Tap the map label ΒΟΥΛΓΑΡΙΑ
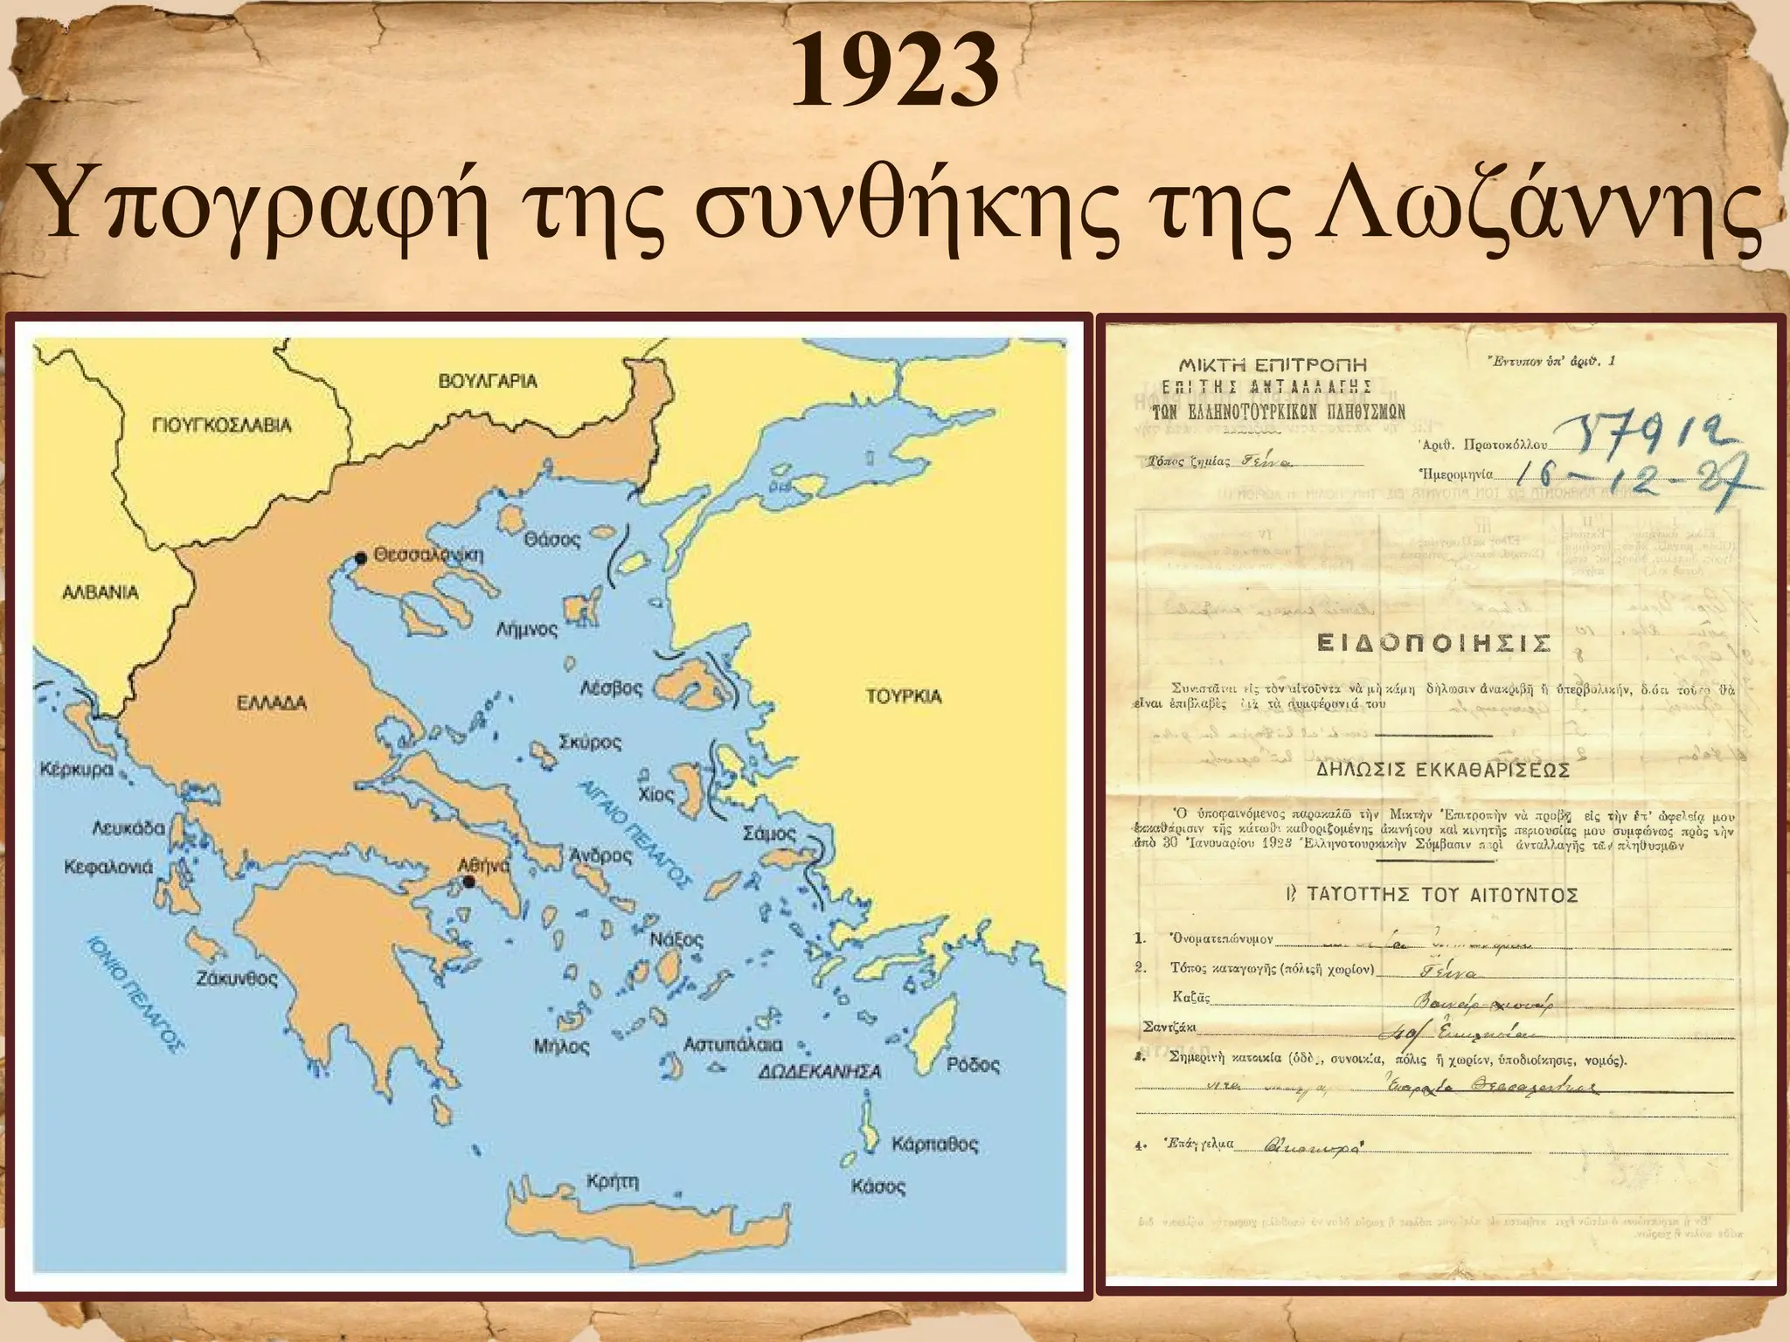(488, 381)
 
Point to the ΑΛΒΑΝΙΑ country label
(100, 591)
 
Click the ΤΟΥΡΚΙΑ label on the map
(903, 696)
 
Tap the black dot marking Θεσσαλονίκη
(359, 557)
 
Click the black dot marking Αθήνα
(469, 881)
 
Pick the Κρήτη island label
(613, 1182)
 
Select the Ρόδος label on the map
(973, 1065)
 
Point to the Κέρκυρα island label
(77, 771)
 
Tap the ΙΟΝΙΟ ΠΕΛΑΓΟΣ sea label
(135, 993)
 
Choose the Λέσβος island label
(611, 688)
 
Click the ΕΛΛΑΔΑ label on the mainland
(273, 702)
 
